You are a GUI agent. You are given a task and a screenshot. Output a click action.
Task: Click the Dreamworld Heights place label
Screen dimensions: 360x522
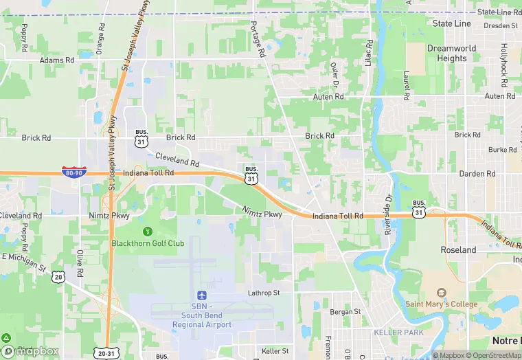pyautogui.click(x=451, y=53)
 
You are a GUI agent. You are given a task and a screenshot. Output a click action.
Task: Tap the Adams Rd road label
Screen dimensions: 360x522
pyautogui.click(x=56, y=60)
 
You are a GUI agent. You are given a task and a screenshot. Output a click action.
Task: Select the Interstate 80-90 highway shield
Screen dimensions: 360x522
pyautogui.click(x=73, y=172)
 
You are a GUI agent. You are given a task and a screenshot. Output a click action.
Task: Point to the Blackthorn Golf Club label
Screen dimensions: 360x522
pyautogui.click(x=148, y=243)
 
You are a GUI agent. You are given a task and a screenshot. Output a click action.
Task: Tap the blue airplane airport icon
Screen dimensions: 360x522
pyautogui.click(x=202, y=295)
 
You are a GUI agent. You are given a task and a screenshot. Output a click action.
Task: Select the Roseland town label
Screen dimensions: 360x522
pyautogui.click(x=458, y=250)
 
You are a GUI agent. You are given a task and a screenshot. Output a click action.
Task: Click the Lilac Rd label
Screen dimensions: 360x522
pyautogui.click(x=370, y=54)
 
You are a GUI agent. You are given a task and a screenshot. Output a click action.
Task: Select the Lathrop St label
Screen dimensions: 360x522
pyautogui.click(x=264, y=293)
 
